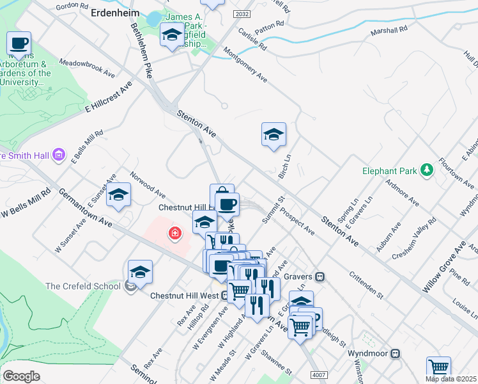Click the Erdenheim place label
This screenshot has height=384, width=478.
tap(115, 12)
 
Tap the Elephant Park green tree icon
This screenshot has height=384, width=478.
tap(426, 170)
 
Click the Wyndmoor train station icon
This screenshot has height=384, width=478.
tap(396, 353)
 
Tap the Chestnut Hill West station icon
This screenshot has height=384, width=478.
tap(226, 296)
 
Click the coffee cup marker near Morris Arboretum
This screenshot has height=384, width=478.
tap(19, 44)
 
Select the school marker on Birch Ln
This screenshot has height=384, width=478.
tap(274, 135)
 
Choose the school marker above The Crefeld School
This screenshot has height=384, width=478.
tap(140, 272)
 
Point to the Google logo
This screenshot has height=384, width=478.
tap(21, 376)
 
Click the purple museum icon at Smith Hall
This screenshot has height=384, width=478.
tap(59, 154)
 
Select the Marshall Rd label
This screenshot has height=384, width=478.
tap(389, 30)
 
